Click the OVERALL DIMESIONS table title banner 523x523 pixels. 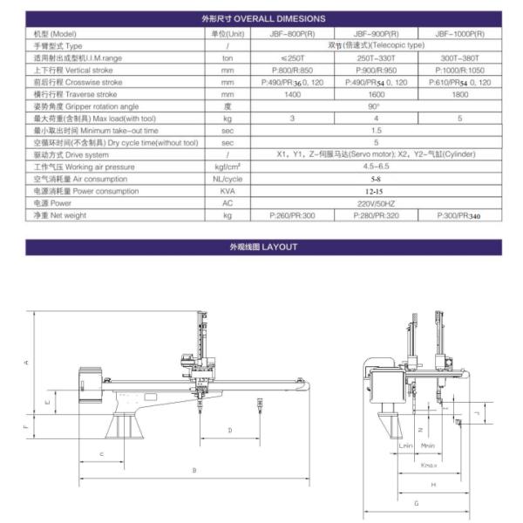[x=261, y=17]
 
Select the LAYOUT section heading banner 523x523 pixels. [x=261, y=247]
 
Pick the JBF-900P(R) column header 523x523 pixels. [x=377, y=32]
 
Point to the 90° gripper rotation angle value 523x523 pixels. [x=377, y=105]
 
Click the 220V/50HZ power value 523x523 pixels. [x=377, y=202]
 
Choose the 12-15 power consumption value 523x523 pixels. [x=377, y=190]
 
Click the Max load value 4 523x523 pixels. [x=377, y=118]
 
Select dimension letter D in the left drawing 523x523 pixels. [x=229, y=431]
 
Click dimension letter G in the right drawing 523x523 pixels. [x=417, y=504]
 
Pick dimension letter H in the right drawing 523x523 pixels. [x=433, y=484]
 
